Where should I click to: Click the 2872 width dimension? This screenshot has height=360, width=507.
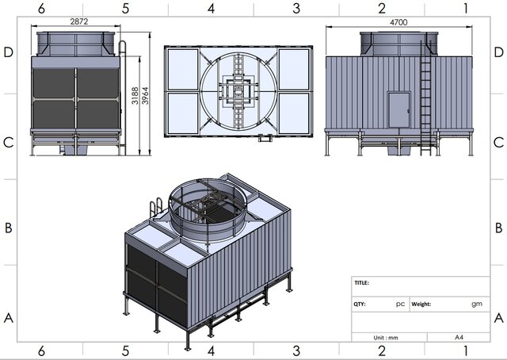(x=79, y=21)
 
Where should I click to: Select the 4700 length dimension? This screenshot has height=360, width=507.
(x=398, y=22)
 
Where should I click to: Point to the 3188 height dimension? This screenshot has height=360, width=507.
(x=135, y=96)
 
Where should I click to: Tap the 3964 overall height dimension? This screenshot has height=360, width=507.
(x=145, y=96)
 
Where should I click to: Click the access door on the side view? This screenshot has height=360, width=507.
(x=399, y=110)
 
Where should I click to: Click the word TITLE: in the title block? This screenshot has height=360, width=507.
(x=361, y=282)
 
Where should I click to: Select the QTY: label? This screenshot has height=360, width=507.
(x=360, y=304)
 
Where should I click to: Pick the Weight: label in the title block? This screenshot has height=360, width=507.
(x=421, y=304)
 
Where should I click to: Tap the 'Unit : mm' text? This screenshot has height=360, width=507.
(x=386, y=338)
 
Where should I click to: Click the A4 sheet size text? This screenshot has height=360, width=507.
(x=459, y=337)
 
